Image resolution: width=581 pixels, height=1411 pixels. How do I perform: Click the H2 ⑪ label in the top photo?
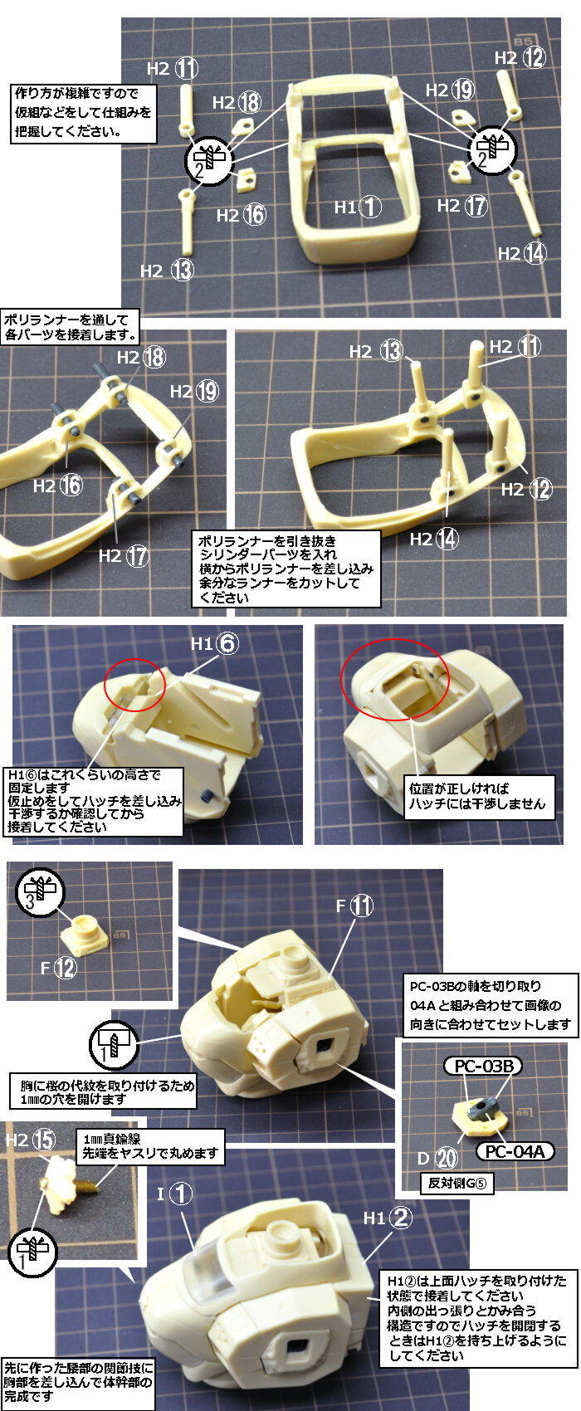(172, 68)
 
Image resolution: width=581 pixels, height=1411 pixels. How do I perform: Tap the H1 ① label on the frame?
(357, 207)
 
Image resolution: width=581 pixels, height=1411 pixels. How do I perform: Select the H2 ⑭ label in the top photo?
(522, 253)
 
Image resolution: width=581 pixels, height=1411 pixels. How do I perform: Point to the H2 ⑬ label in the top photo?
(166, 271)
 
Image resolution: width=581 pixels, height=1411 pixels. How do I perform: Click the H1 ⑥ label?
(215, 643)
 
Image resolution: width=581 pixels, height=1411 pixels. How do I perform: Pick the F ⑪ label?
(354, 906)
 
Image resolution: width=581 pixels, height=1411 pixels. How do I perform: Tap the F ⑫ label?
(59, 967)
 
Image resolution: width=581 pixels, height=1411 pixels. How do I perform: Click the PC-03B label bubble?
(484, 1066)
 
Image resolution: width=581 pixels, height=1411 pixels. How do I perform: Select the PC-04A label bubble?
(515, 1151)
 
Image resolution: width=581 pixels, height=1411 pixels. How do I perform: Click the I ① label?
(174, 1194)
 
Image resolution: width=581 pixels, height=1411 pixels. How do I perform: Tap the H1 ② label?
(388, 1218)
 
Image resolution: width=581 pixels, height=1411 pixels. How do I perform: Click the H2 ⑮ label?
(30, 1139)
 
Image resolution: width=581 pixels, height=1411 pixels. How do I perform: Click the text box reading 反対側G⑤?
(456, 1183)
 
